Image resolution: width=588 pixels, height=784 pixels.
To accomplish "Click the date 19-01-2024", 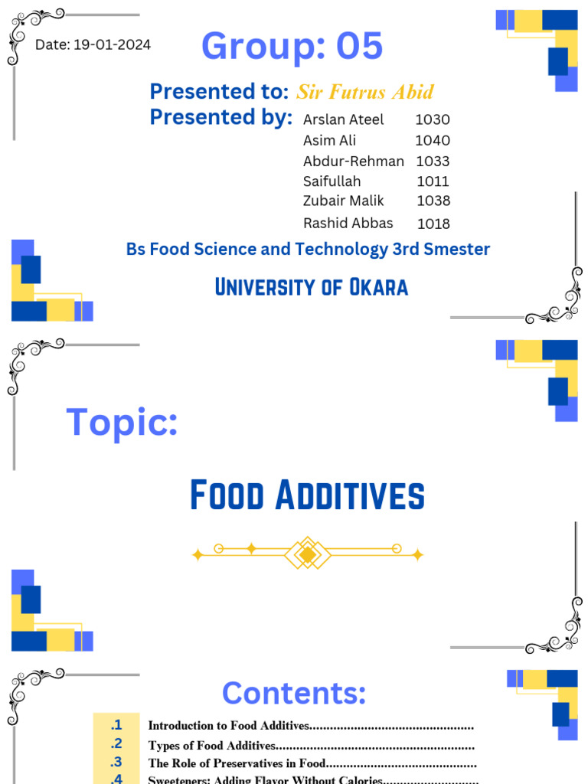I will coord(112,45).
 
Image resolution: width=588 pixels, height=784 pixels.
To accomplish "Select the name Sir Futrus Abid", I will coord(364,93).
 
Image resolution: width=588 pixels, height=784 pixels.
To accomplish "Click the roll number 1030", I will coord(433,119).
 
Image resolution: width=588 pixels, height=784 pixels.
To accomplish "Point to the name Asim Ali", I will coord(329,140).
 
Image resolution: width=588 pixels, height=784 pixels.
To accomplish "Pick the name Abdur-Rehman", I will coord(353,161).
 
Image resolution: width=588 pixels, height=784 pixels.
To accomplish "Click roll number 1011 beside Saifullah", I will coord(433,181).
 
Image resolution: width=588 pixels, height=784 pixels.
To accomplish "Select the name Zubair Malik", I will coord(343,201).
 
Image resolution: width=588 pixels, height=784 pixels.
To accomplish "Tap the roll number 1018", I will coord(433,224).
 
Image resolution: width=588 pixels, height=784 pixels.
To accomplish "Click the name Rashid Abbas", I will coord(348,223).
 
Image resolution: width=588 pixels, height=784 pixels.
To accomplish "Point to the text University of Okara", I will coord(311,287).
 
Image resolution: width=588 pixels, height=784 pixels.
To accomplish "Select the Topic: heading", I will coord(122,422).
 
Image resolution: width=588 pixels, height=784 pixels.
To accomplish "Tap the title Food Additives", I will coord(307,495).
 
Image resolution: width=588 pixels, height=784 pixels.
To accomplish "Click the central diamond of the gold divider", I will coord(307,554).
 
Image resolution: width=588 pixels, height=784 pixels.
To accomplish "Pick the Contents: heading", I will coord(294,693).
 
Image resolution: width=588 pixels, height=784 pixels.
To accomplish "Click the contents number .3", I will coord(116,762).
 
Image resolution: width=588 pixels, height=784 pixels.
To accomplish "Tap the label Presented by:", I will coord(220,117).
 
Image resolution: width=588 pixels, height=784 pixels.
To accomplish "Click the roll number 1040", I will coord(433,140).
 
